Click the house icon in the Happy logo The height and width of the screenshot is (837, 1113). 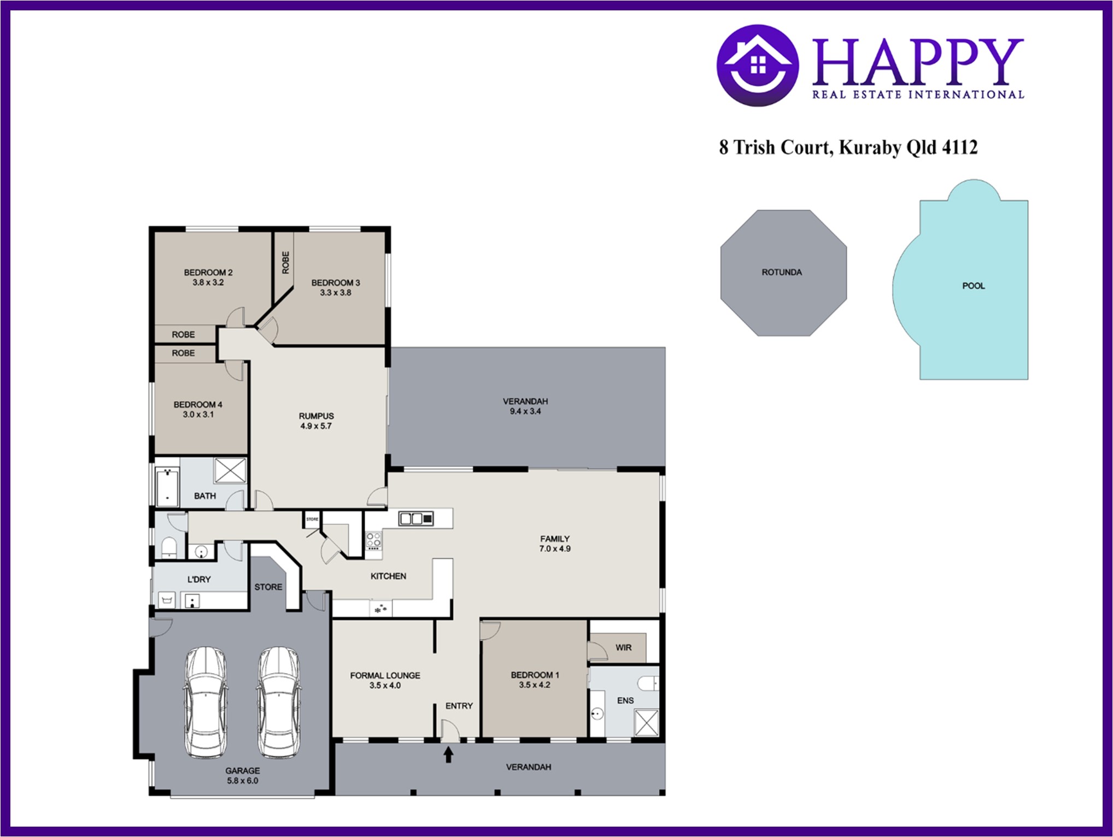click(x=758, y=65)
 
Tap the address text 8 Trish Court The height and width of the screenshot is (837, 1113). click(x=776, y=148)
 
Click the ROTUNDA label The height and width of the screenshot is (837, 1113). click(x=782, y=272)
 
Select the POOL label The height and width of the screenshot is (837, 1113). click(x=974, y=286)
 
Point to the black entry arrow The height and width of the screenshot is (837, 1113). click(x=448, y=755)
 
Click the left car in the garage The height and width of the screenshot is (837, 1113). click(x=204, y=702)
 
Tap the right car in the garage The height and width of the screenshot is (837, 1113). click(x=278, y=702)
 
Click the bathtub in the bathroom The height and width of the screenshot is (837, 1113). click(x=167, y=486)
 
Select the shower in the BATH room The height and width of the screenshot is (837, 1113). click(x=230, y=470)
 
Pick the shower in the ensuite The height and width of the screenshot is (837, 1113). click(x=647, y=723)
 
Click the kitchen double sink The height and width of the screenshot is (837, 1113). click(x=416, y=518)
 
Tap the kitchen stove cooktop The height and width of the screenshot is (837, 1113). click(x=373, y=542)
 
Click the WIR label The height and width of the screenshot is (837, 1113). click(x=623, y=647)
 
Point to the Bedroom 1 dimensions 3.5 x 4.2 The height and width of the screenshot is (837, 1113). click(x=535, y=685)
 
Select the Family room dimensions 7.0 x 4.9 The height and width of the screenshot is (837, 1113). click(x=555, y=549)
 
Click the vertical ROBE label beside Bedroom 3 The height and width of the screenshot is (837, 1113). click(x=285, y=262)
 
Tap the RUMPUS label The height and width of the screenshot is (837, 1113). click(x=316, y=416)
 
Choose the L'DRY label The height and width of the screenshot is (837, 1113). click(x=199, y=579)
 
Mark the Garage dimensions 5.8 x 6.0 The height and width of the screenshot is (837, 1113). click(x=243, y=781)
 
